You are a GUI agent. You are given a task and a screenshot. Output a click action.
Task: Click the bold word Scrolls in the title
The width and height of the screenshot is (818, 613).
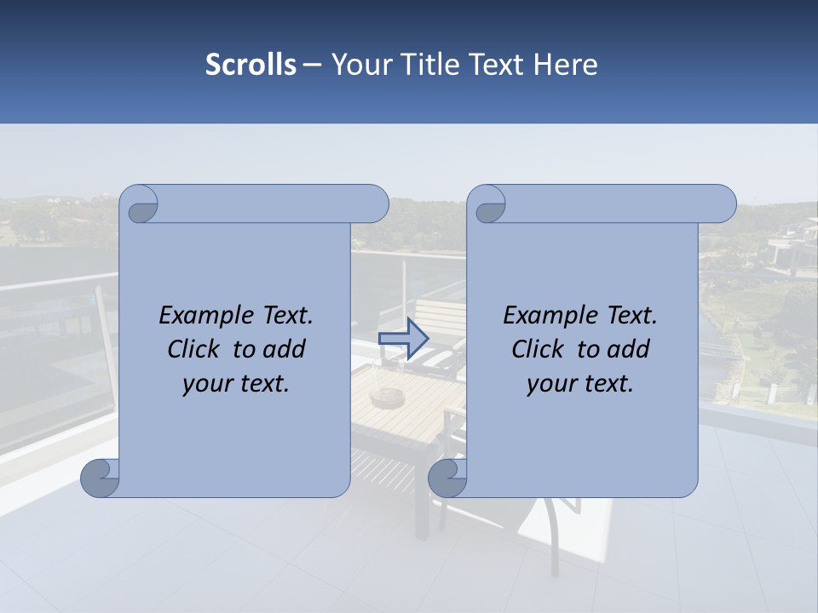coord(251,65)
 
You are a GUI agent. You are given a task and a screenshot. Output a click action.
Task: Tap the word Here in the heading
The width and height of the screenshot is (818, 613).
coord(565,65)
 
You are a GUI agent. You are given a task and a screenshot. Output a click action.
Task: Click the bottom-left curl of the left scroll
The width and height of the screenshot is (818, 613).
coord(101,478)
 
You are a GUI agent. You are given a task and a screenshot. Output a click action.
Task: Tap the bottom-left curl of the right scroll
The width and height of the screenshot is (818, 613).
coord(448,478)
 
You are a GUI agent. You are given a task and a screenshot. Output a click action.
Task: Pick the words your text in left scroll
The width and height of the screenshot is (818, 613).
coord(236,384)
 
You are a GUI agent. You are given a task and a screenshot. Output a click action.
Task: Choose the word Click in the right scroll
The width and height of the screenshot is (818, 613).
coord(538,349)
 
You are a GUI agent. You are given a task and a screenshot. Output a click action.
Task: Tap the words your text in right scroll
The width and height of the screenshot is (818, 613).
coord(580,384)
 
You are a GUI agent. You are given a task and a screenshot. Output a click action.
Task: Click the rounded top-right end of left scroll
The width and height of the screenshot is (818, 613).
coord(375,204)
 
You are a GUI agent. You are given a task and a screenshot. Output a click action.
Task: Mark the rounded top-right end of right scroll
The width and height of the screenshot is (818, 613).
coord(723,204)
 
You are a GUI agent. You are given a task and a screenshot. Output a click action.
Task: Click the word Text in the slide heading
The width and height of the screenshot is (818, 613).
coord(495,65)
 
